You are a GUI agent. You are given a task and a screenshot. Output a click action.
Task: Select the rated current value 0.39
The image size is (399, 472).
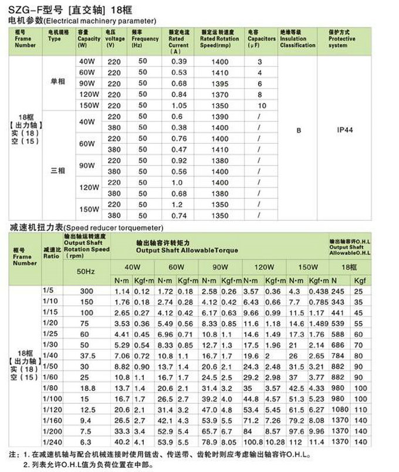(x=178, y=62)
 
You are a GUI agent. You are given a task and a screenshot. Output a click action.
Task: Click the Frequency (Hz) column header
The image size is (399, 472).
(x=145, y=42)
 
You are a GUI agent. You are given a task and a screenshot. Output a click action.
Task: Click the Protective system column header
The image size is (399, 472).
(x=342, y=42)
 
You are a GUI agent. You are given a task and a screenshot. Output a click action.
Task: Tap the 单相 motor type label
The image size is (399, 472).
(x=58, y=83)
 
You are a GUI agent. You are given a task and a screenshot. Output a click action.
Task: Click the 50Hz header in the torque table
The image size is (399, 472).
(x=86, y=271)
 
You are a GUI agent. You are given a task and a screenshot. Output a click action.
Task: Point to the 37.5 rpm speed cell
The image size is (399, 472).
(x=86, y=356)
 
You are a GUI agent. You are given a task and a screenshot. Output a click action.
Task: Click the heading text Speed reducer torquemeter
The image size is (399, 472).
(x=111, y=227)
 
